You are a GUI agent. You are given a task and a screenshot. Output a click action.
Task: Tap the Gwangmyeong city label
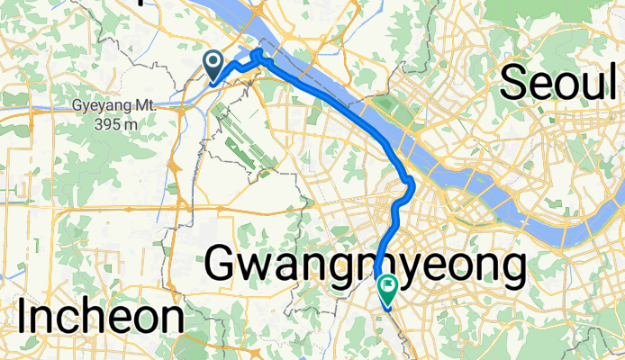(365, 265)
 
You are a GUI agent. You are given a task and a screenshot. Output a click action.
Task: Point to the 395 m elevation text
(119, 122)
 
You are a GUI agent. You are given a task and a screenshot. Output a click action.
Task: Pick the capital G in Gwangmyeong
(223, 265)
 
